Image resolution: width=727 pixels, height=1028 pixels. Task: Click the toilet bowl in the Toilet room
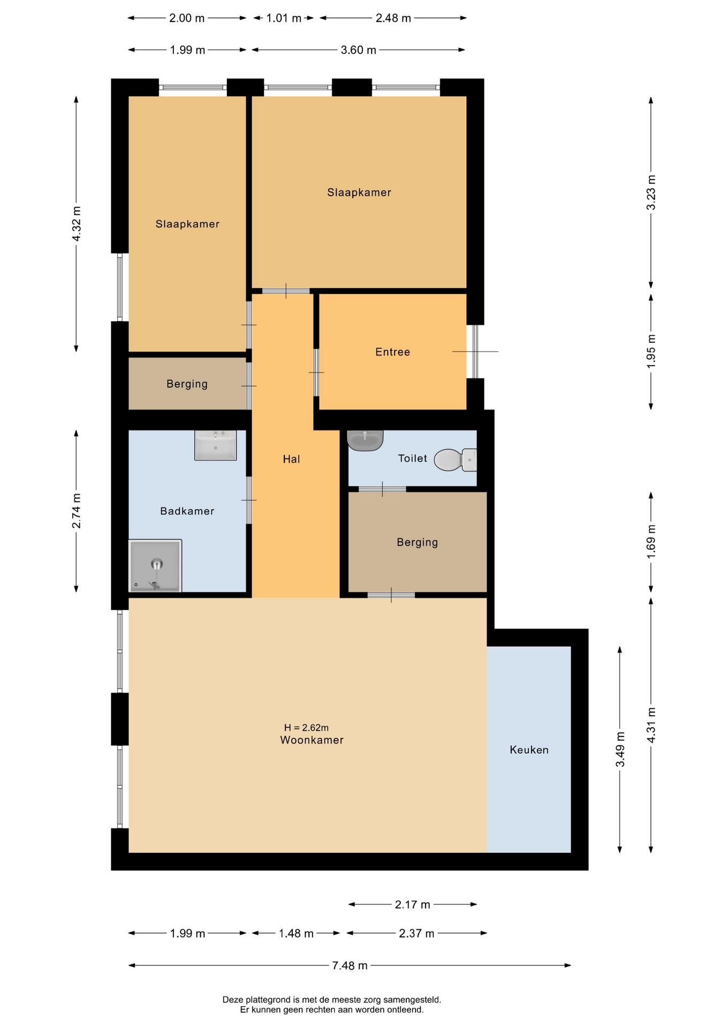tap(455, 460)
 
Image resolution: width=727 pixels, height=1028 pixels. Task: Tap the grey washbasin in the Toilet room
tap(365, 440)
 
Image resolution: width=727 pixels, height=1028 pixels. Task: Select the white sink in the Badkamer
tap(215, 445)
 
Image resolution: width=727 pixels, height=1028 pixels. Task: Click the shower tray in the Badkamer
tap(155, 566)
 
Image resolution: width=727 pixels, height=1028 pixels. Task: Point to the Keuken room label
tap(529, 750)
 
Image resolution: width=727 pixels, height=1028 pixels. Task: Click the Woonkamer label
tap(312, 740)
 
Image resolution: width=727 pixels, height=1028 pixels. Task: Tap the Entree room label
tap(392, 352)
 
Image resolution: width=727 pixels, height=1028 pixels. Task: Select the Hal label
tap(291, 459)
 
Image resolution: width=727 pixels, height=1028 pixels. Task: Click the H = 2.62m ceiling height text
tap(306, 728)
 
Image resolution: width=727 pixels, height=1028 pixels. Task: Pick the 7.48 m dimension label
tap(350, 965)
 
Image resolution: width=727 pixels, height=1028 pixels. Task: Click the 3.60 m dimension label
tap(358, 50)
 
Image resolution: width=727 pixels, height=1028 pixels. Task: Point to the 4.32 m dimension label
tap(77, 224)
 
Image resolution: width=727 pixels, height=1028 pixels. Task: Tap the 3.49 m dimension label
tap(620, 749)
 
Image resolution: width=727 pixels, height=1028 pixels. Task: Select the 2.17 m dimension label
tap(412, 905)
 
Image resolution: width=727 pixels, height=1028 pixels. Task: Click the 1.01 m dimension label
tap(284, 18)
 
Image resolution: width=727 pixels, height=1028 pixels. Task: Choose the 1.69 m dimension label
tap(651, 541)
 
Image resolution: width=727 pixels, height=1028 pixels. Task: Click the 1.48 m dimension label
tap(296, 934)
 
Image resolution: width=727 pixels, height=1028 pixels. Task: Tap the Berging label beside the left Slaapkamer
tap(187, 384)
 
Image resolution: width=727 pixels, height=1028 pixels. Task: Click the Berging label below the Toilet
tap(417, 542)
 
